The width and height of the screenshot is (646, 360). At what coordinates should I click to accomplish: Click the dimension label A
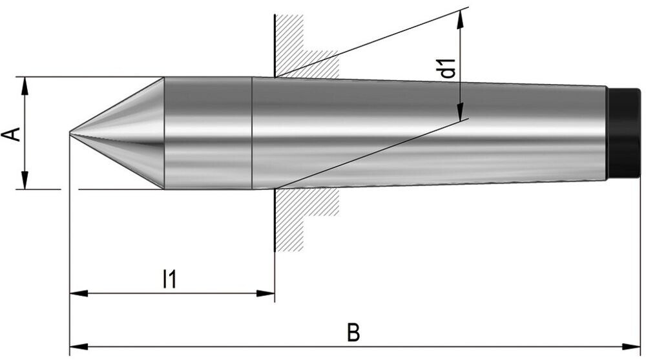(x=12, y=134)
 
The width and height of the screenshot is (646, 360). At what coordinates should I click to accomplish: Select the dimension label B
(x=353, y=333)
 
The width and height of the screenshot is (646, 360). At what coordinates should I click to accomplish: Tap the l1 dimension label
(x=169, y=279)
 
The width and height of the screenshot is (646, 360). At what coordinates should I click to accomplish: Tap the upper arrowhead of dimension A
(x=25, y=84)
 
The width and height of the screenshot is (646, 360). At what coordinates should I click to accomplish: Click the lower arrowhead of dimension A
(x=25, y=182)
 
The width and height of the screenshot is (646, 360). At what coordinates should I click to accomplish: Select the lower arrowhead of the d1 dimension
(x=461, y=112)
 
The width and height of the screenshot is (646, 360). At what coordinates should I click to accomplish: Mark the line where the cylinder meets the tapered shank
(x=251, y=133)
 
